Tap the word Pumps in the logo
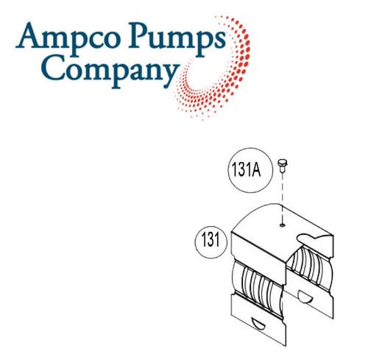point(177,39)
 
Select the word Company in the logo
point(110,71)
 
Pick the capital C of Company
point(52,67)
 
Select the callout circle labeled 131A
point(250,170)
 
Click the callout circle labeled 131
point(211,242)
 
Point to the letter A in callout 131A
point(256,170)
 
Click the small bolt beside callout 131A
point(283,166)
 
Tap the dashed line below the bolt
point(283,198)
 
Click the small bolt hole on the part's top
point(283,225)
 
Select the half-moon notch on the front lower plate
point(258,324)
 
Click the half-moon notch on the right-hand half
point(305,297)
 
